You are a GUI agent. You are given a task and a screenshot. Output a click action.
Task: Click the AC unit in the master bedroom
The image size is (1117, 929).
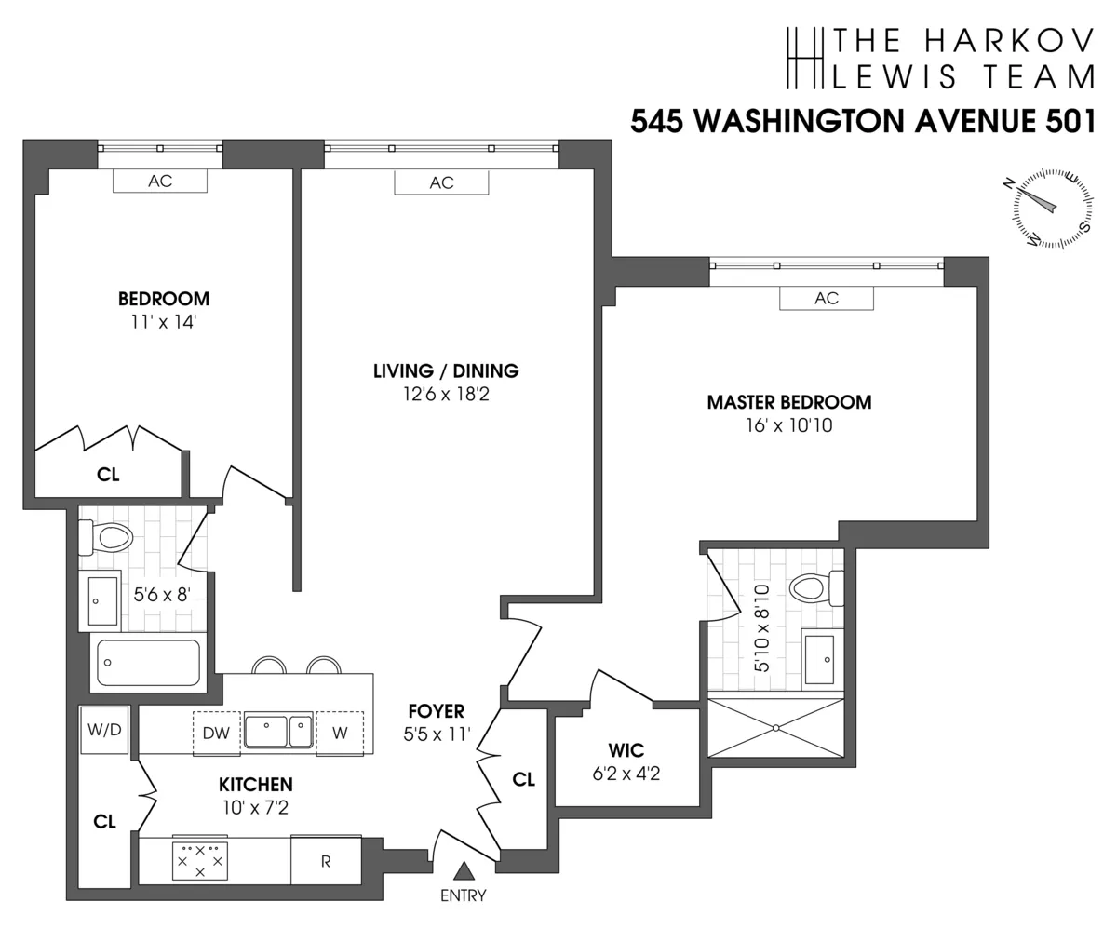pos(827,298)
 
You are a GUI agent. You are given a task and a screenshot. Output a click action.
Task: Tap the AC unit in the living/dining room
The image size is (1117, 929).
pos(441,182)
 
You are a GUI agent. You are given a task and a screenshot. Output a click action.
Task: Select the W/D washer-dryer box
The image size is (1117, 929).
pos(104,730)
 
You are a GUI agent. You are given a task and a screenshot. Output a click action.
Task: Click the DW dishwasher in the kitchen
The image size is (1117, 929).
pos(216,733)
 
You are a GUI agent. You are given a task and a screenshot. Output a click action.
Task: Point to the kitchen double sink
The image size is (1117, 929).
pos(278,732)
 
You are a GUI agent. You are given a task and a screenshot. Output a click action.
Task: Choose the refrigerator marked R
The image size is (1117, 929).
pos(326,861)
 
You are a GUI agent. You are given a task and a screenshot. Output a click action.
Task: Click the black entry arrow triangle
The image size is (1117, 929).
pos(464,871)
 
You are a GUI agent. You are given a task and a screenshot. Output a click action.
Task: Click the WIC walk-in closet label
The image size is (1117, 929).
pos(626,750)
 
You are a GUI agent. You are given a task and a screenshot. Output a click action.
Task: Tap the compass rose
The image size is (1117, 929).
pos(1052,208)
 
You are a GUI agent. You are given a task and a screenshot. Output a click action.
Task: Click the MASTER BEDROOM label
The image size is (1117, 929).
pos(789,402)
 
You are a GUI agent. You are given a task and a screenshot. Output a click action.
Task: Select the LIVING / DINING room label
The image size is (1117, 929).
pos(446,370)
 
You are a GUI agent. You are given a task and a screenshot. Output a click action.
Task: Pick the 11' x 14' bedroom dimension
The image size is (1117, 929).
pos(164,323)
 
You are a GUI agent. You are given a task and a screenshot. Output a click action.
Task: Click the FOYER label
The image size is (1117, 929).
pos(436,712)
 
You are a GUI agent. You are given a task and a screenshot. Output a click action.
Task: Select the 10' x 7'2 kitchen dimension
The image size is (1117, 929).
pos(256,808)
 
